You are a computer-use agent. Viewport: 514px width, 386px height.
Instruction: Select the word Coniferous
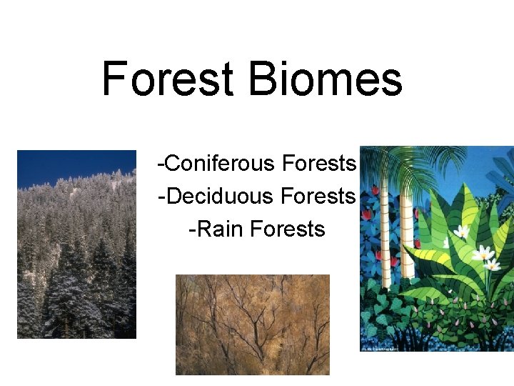pyautogui.click(x=220, y=164)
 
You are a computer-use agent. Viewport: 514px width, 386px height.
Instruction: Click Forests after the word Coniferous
pyautogui.click(x=319, y=164)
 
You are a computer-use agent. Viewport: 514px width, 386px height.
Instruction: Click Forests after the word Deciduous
pyautogui.click(x=319, y=195)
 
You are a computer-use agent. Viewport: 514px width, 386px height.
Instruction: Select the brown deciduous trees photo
pyautogui.click(x=253, y=325)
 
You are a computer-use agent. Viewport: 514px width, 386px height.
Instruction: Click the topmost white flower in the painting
pyautogui.click(x=461, y=231)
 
